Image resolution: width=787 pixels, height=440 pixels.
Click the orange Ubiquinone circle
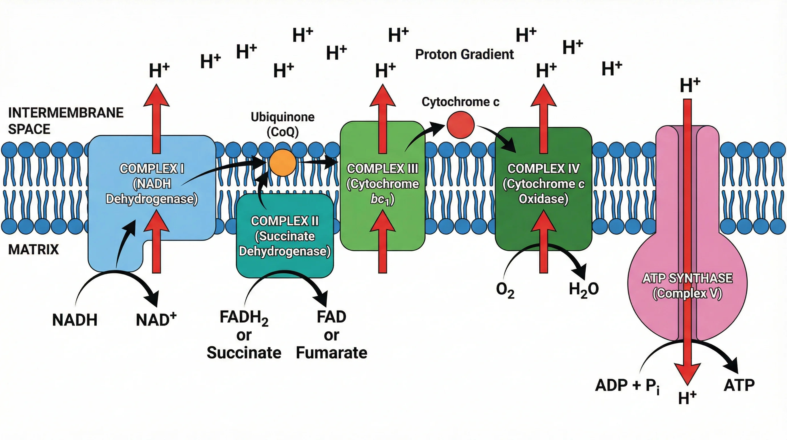[x=283, y=163]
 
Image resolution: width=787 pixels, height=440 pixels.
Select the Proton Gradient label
[x=464, y=54]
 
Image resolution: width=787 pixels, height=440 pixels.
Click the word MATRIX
[x=33, y=250]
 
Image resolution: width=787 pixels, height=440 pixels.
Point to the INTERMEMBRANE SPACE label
[x=65, y=121]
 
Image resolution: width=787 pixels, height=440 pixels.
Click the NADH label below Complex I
[x=75, y=320]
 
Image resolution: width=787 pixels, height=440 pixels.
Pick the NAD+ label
[x=156, y=319]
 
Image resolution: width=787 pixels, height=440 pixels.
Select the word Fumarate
[x=331, y=353]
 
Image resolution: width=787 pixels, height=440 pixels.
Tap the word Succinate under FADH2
[x=244, y=353]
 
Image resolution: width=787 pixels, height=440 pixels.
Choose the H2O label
[x=583, y=289]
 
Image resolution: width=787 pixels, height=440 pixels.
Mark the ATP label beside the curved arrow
[x=739, y=385]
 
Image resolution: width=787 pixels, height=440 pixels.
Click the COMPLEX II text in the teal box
[x=285, y=221]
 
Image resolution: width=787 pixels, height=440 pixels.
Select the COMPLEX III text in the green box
[x=383, y=169]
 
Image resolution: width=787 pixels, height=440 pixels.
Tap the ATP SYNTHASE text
[x=687, y=278]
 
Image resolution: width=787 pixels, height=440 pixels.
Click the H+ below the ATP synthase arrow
[x=687, y=398]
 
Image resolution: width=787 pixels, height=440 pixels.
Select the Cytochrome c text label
[x=460, y=102]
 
